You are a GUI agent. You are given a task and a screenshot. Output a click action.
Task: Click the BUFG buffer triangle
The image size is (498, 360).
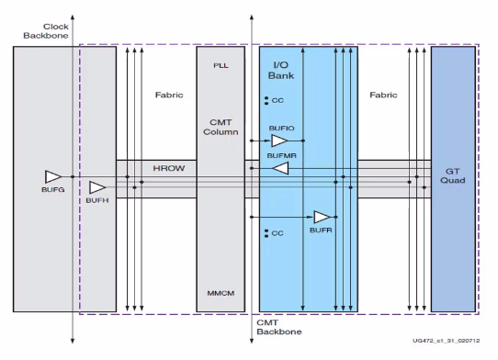pyautogui.click(x=53, y=177)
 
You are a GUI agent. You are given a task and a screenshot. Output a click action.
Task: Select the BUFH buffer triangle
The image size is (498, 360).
pyautogui.click(x=97, y=187)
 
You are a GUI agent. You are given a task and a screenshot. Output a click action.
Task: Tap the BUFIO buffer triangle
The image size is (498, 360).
pyautogui.click(x=279, y=141)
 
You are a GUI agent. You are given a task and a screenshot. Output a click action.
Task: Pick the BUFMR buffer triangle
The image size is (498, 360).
pyautogui.click(x=281, y=168)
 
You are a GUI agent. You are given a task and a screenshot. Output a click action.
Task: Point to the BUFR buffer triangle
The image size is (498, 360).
pyautogui.click(x=323, y=217)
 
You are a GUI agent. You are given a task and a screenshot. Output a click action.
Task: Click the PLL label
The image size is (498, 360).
pyautogui.click(x=221, y=66)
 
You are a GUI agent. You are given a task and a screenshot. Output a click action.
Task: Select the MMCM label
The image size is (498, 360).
pyautogui.click(x=221, y=293)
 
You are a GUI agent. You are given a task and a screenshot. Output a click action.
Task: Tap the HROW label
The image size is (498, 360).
pyautogui.click(x=169, y=168)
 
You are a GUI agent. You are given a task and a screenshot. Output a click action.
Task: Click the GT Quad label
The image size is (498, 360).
pyautogui.click(x=453, y=176)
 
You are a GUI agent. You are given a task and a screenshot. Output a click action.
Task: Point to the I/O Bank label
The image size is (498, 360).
pyautogui.click(x=281, y=71)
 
